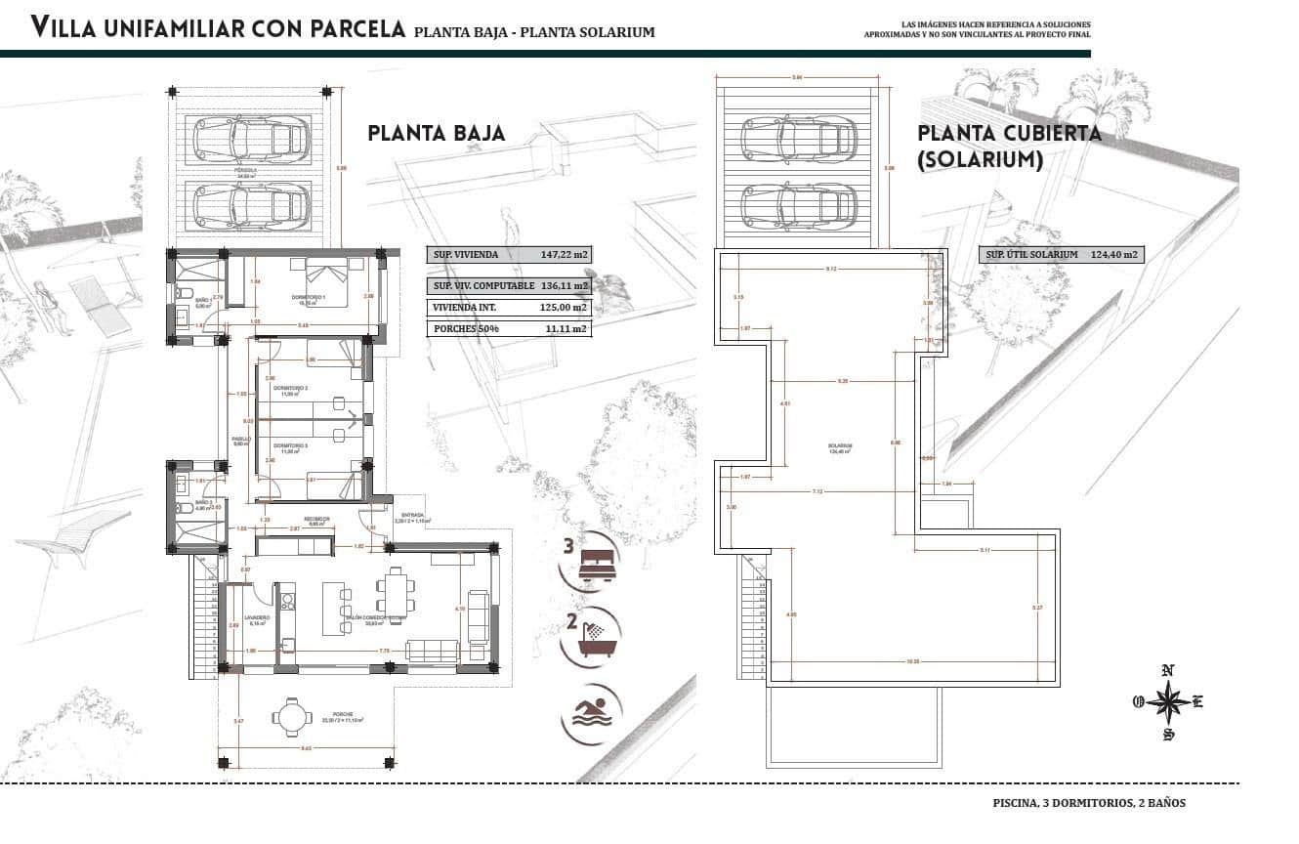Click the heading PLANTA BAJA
tap(437, 133)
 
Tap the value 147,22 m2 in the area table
tap(566, 255)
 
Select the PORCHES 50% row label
tap(466, 329)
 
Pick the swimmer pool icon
tap(591, 716)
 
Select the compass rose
tap(1167, 702)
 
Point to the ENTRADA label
tap(412, 514)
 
